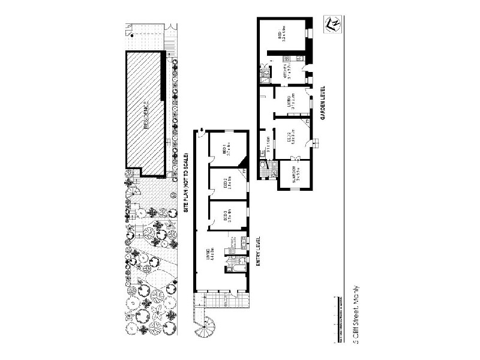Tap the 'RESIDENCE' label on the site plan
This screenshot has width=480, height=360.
coord(146,115)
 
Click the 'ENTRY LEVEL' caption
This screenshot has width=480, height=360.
coord(258,250)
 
